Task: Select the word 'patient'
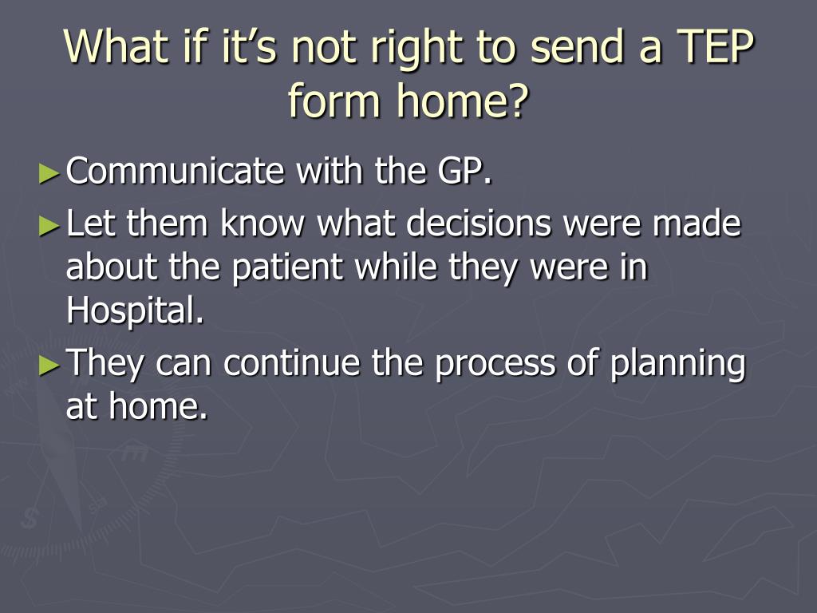click(290, 268)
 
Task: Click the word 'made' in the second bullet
click(697, 224)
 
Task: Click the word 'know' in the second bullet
click(262, 224)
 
